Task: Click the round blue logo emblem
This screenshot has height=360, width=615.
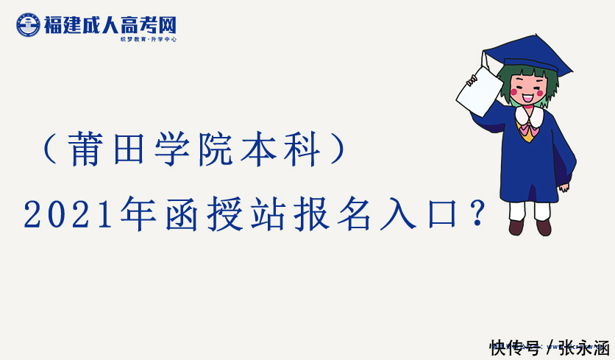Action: tap(28, 25)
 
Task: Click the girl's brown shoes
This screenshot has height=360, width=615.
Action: tap(530, 227)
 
